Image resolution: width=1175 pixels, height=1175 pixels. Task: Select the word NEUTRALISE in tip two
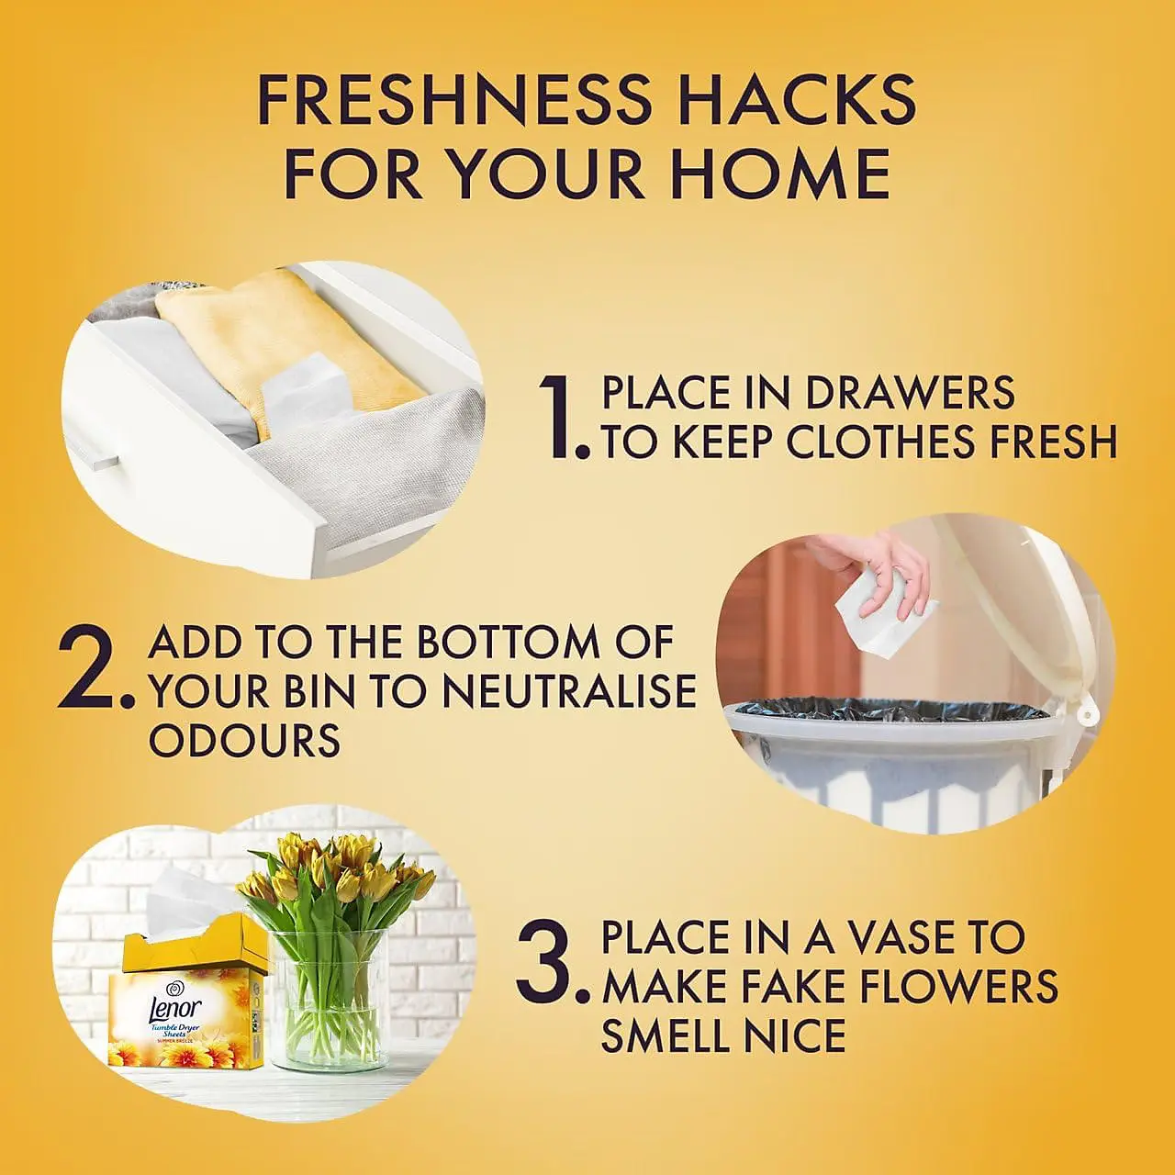[567, 691]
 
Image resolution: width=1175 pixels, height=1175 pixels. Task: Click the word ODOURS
[244, 741]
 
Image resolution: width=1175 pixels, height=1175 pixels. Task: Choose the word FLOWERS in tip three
[949, 987]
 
